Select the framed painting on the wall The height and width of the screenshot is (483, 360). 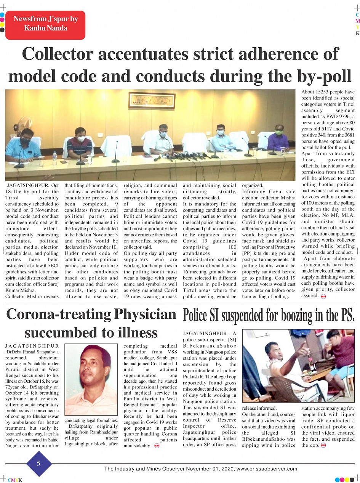tap(152, 100)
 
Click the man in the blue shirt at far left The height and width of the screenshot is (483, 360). tap(24, 146)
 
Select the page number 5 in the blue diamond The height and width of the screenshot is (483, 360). tap(38, 464)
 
